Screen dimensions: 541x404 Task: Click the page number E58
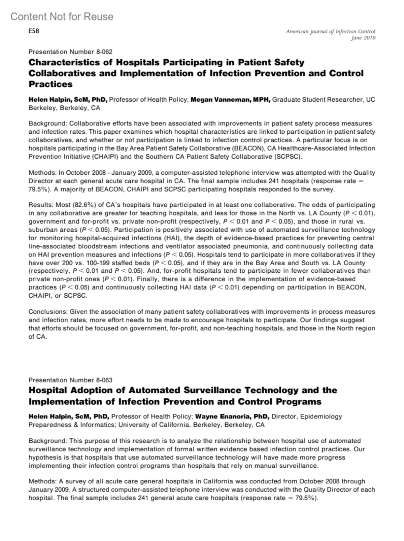pyautogui.click(x=34, y=31)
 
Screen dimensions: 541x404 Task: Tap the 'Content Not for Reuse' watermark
pyautogui.click(x=62, y=16)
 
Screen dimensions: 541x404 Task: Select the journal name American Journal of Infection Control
pyautogui.click(x=331, y=31)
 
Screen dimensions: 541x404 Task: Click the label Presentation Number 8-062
pyautogui.click(x=70, y=52)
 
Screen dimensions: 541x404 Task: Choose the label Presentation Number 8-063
pyautogui.click(x=70, y=380)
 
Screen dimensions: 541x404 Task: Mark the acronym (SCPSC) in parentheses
pyautogui.click(x=289, y=157)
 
